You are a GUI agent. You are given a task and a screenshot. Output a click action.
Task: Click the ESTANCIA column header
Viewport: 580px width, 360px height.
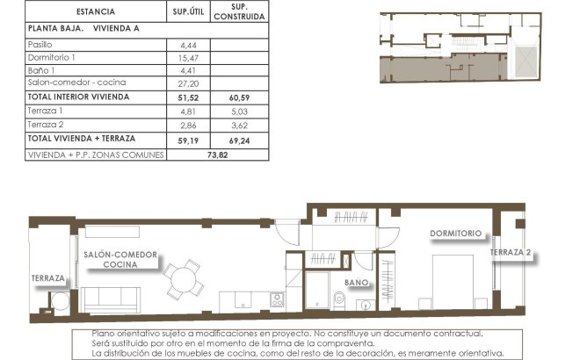(x=94, y=12)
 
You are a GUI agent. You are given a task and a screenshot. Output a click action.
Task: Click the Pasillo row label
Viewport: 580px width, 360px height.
(x=40, y=43)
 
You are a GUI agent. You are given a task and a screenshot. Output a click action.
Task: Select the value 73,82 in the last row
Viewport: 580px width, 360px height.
(x=214, y=152)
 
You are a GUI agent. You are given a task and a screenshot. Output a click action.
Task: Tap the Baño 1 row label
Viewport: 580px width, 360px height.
(x=41, y=70)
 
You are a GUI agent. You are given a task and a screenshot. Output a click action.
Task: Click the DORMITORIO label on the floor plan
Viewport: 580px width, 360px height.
(x=456, y=234)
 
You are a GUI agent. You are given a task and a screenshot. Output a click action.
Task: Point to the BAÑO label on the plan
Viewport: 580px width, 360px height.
(x=356, y=283)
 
